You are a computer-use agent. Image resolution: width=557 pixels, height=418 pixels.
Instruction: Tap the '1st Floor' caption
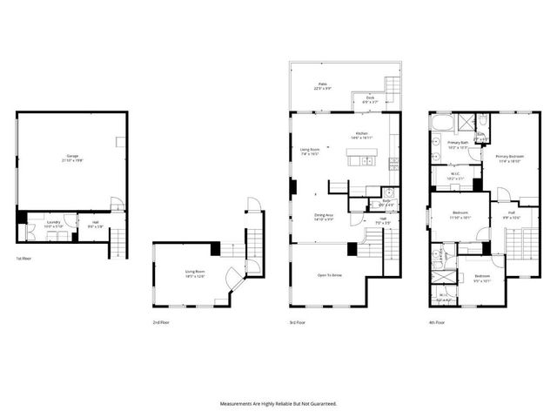24,259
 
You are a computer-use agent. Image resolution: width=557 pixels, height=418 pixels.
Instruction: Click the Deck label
370,99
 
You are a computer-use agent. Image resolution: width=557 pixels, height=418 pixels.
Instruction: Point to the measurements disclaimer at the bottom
278,403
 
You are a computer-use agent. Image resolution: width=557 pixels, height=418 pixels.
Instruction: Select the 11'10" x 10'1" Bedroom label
461,216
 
